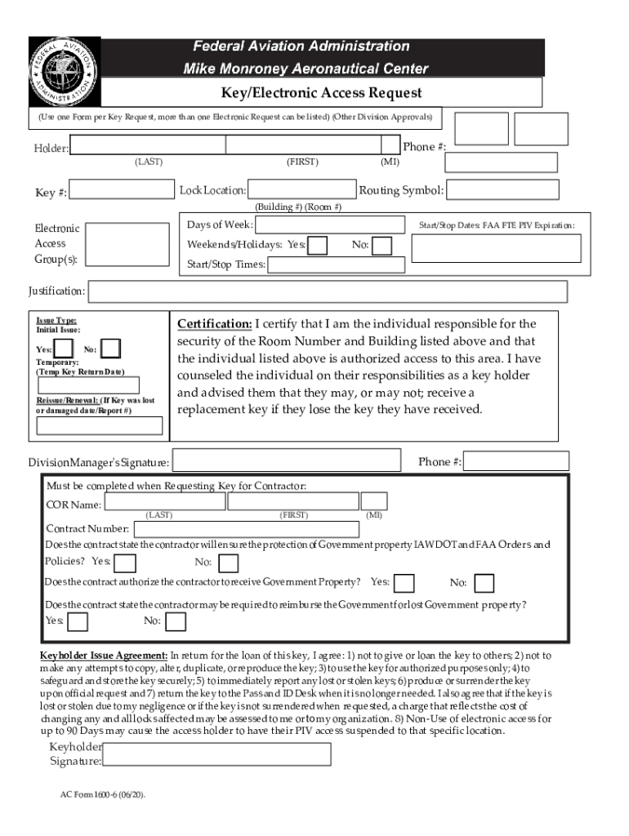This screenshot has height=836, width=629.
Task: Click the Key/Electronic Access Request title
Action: click(322, 92)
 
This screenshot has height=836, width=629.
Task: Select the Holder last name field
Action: click(148, 145)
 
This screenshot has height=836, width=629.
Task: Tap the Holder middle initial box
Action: click(390, 145)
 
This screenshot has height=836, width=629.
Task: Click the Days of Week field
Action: click(330, 225)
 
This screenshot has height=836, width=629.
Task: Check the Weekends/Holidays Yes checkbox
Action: click(318, 245)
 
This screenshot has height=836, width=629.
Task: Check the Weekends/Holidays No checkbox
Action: click(381, 245)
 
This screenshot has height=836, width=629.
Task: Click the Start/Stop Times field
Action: click(336, 265)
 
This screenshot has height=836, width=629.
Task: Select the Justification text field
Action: click(328, 291)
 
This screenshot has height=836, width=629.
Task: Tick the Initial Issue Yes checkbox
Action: click(61, 349)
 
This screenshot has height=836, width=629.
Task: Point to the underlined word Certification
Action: click(214, 324)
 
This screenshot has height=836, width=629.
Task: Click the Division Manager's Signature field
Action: click(288, 461)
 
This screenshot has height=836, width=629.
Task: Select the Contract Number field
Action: click(245, 529)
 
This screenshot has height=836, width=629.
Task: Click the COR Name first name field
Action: click(292, 501)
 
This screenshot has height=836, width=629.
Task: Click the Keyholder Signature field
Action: click(217, 754)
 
